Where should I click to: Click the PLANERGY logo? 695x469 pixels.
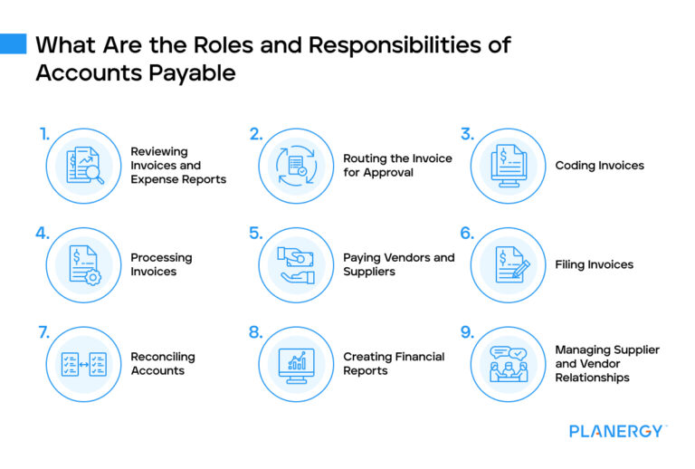click(x=617, y=431)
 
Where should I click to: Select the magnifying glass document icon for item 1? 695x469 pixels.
click(x=83, y=165)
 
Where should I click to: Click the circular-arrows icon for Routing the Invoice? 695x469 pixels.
click(x=296, y=165)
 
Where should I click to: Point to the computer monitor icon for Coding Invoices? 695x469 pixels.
click(x=508, y=165)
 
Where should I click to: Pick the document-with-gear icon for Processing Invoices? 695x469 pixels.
click(x=83, y=264)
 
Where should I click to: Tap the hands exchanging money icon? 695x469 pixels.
click(x=296, y=264)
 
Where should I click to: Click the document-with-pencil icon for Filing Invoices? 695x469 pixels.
click(x=508, y=264)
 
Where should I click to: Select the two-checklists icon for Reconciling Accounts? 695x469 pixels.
click(x=83, y=364)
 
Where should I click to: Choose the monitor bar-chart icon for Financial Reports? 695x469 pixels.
click(x=296, y=364)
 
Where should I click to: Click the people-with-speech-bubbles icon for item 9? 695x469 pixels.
click(x=508, y=364)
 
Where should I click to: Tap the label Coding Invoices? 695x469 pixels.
click(x=599, y=166)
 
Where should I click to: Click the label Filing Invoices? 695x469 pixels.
click(x=594, y=265)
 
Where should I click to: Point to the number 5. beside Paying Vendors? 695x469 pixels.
click(x=255, y=234)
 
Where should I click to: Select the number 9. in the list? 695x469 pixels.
click(x=467, y=333)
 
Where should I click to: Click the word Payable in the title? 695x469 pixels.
click(x=191, y=73)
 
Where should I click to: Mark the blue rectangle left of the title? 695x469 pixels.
click(x=14, y=43)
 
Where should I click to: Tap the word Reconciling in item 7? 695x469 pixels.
click(x=163, y=357)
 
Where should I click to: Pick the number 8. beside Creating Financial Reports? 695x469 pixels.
click(x=256, y=333)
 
